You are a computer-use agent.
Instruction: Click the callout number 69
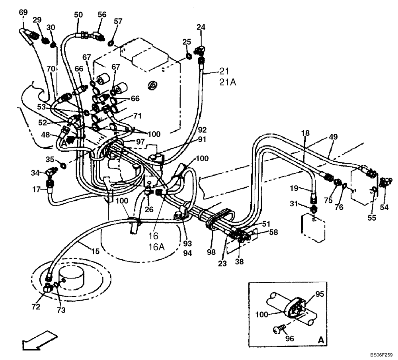[x=23, y=12]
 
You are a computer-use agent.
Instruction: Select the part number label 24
[x=201, y=27]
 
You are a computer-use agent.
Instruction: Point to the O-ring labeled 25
[x=190, y=56]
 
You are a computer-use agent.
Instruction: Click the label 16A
[x=156, y=247]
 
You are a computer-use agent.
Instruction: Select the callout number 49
[x=334, y=137]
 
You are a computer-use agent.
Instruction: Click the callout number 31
[x=293, y=204]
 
